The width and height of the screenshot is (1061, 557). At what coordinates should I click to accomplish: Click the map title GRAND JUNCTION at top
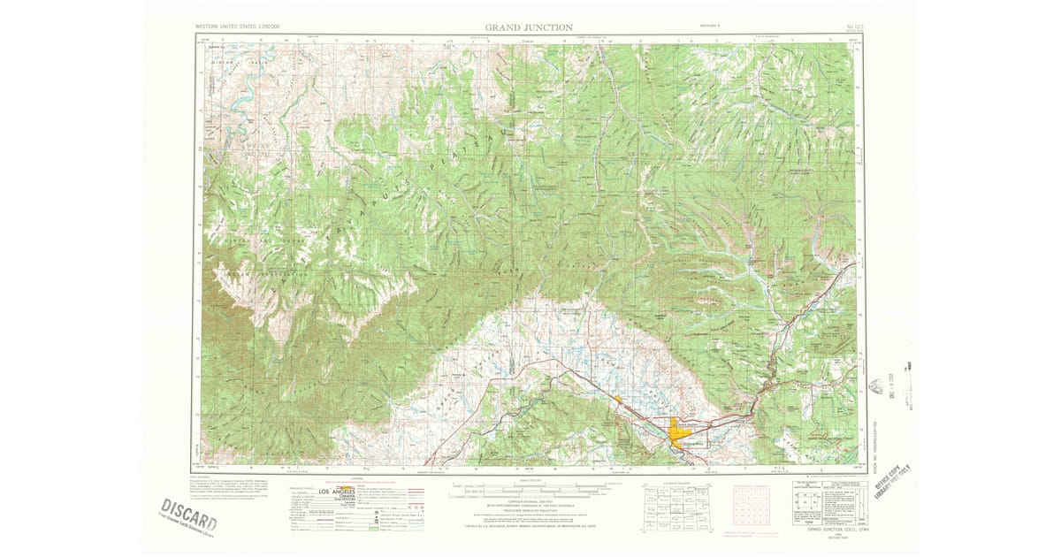click(529, 27)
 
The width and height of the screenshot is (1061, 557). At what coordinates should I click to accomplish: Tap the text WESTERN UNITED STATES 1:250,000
click(238, 27)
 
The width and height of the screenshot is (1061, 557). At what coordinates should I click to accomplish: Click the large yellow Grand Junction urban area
click(681, 433)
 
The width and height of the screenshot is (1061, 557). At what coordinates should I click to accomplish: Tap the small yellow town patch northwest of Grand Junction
click(617, 400)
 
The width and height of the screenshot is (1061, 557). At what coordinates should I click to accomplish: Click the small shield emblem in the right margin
click(876, 386)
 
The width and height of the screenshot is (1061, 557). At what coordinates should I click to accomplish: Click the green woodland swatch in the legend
click(373, 529)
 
